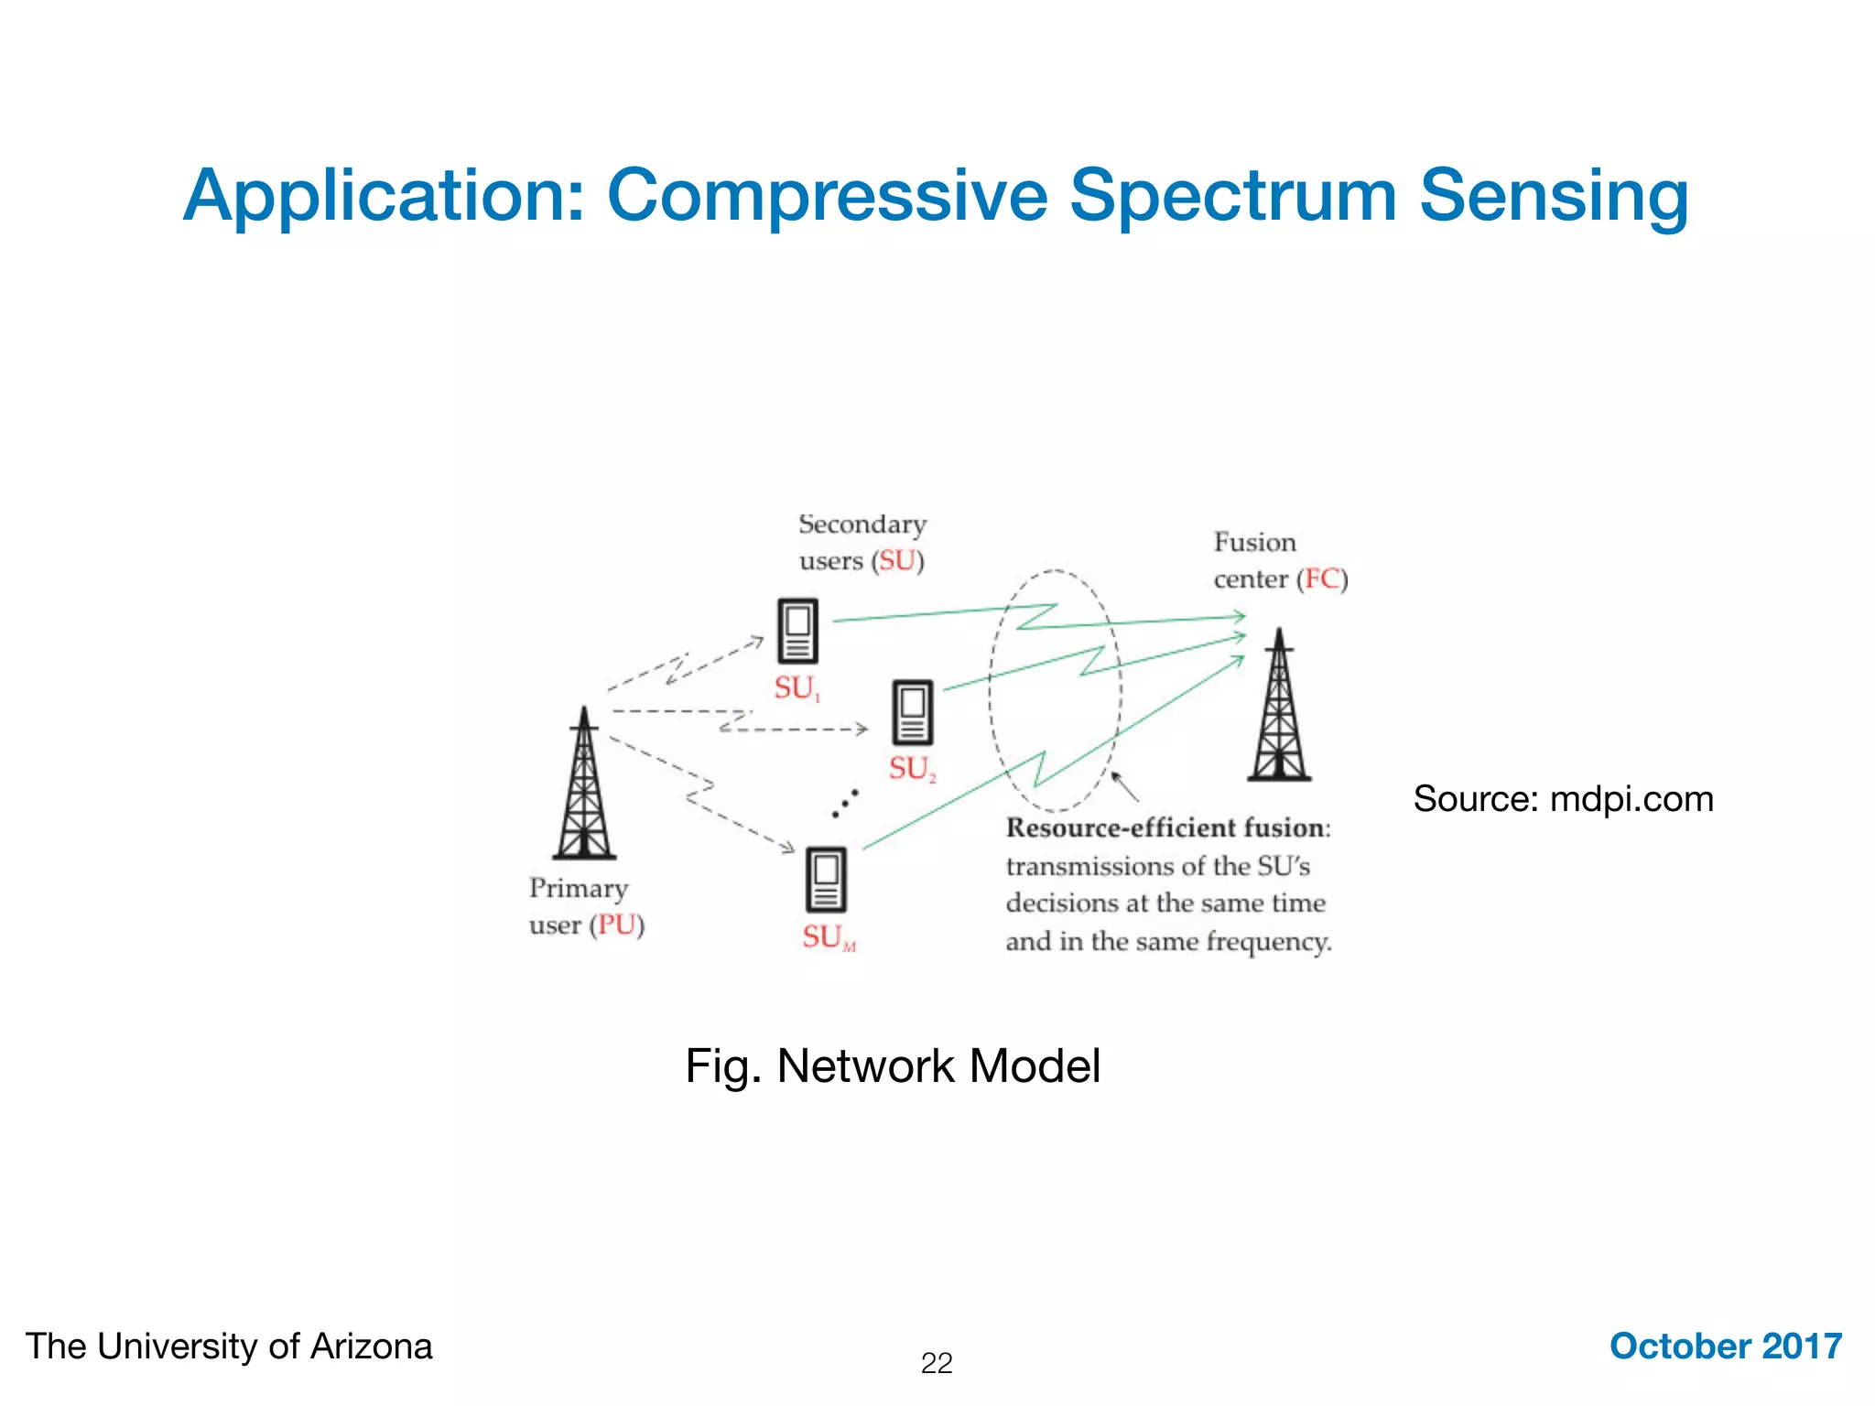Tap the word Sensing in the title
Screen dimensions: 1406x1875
point(1554,196)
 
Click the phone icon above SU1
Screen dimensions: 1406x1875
point(797,631)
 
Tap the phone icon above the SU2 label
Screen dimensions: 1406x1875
point(913,712)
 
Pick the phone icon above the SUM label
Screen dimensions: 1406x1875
point(826,880)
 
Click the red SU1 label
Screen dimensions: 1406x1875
point(797,688)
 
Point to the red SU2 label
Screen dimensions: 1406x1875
point(912,769)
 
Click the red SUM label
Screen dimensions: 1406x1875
point(829,937)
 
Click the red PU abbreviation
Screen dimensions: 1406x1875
point(617,925)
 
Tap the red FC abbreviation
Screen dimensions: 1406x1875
point(1322,579)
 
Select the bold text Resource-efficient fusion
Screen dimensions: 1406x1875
point(1166,828)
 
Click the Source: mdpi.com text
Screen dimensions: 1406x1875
point(1563,799)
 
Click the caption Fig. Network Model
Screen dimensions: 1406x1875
point(893,1066)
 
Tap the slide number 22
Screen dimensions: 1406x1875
point(937,1363)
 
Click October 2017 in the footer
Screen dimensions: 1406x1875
point(1725,1347)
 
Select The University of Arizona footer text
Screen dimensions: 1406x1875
point(229,1347)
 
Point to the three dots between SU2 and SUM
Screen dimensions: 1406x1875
point(845,803)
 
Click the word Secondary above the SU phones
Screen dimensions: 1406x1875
point(862,525)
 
